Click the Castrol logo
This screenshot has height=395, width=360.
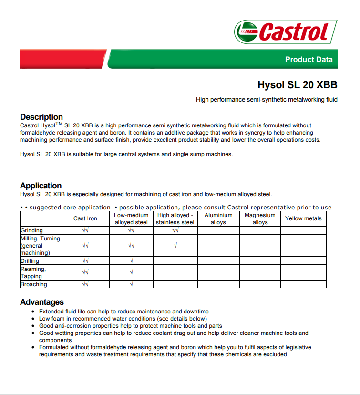click(286, 32)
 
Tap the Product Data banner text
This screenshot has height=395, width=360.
click(309, 60)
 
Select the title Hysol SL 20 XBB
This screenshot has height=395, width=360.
click(297, 85)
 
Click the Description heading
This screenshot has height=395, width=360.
click(41, 117)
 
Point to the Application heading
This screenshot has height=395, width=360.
click(41, 186)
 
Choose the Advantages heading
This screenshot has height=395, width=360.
click(42, 302)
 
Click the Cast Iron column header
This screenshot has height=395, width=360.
click(85, 218)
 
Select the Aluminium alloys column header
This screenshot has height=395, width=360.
click(218, 218)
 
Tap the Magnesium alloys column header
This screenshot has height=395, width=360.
click(260, 218)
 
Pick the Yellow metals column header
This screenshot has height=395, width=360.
click(303, 218)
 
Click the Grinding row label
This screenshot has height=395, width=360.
click(31, 230)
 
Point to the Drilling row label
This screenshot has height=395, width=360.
click(30, 261)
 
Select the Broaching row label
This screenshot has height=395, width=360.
click(33, 284)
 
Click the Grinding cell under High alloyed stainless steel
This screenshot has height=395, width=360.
click(175, 230)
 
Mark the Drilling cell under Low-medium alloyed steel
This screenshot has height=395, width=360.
click(131, 261)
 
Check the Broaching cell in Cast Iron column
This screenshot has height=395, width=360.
click(85, 284)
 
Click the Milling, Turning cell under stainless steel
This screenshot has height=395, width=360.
click(175, 246)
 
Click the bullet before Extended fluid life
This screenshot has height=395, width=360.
click(33, 312)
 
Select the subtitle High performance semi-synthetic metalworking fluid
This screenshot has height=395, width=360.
click(267, 100)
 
